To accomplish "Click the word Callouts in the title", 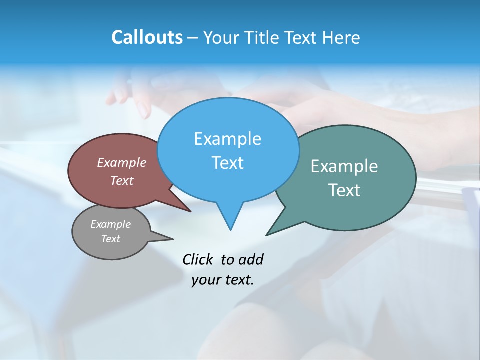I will tap(147, 37).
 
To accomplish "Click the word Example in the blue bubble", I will tap(227, 139).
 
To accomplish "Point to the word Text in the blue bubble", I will tap(227, 163).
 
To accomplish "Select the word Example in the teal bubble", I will tap(344, 166).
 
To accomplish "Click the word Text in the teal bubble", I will tap(344, 190).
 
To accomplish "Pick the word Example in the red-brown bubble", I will tap(122, 162).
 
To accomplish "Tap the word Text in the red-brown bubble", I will tap(122, 180).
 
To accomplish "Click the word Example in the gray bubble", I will tap(110, 224).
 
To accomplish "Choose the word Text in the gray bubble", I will tap(110, 239).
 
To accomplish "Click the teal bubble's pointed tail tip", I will tap(267, 234).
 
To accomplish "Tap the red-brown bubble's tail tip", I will tap(190, 211).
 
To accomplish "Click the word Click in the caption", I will tap(198, 259).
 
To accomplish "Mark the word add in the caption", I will tap(251, 259).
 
